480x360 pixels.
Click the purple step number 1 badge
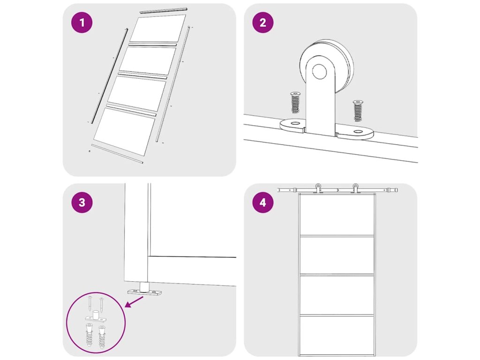[82, 22]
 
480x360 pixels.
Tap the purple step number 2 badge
[263, 22]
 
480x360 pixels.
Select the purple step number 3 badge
[82, 202]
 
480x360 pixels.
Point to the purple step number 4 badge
[263, 202]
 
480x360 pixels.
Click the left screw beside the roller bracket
[295, 102]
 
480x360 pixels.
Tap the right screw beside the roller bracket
[358, 111]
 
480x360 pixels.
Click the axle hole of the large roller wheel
[319, 71]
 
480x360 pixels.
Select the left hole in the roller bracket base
[295, 123]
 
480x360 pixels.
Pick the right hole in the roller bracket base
[358, 132]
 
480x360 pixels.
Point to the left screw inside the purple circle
[90, 303]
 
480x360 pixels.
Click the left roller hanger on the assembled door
[318, 188]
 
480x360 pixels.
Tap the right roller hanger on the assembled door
[355, 188]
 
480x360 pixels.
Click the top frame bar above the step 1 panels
[163, 10]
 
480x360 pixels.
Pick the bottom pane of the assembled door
[337, 335]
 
